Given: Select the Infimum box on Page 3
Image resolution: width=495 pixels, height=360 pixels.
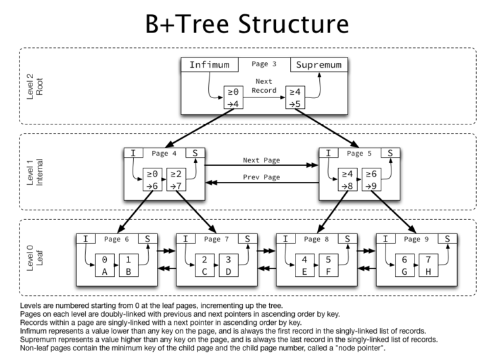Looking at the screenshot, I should click(x=209, y=65).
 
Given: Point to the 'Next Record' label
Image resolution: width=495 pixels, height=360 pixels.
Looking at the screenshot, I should click(x=264, y=85).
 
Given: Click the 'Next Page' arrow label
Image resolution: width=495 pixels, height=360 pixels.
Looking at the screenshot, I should click(x=262, y=160).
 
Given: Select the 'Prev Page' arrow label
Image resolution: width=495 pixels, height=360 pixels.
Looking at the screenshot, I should click(x=262, y=179).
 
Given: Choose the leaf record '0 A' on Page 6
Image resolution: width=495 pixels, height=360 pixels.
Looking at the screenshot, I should click(x=104, y=265).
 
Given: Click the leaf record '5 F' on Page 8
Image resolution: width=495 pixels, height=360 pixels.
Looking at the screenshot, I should click(x=328, y=265).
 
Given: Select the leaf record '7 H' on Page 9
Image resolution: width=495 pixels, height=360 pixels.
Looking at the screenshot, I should click(x=427, y=265).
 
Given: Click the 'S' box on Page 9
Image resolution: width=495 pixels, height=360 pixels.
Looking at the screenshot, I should click(x=447, y=238).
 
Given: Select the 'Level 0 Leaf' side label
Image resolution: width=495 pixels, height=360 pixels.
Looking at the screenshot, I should click(x=34, y=261).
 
